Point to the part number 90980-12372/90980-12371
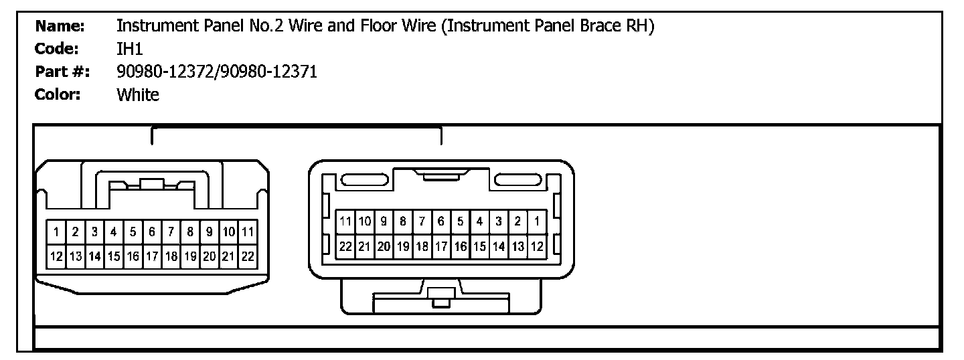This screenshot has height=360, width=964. pos(216,72)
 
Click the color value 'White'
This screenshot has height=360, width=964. pos(138,94)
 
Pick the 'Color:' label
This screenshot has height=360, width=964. pos(58,94)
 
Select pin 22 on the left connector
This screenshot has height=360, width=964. pos(248,256)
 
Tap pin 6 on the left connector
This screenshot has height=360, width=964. pos(152,233)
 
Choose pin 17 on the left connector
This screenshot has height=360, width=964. pos(152,256)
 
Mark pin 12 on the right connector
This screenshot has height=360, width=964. pos(537,246)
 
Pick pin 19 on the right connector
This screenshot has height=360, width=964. pos(403,246)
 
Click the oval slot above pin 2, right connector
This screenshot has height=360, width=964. pos(517,179)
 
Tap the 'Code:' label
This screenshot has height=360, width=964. pos(58,49)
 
